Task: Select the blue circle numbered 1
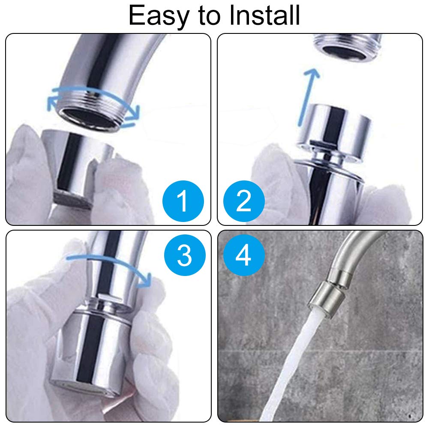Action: point(183,201)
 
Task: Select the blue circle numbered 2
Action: point(244,201)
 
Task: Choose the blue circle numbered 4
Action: point(244,256)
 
